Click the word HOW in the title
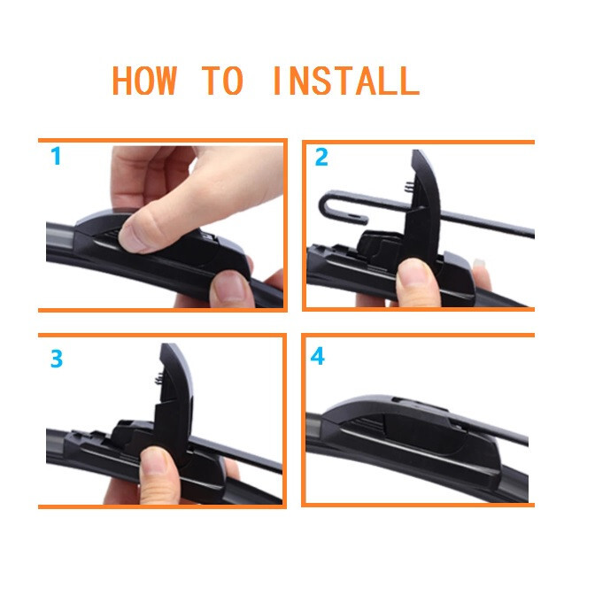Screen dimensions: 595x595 coord(144,81)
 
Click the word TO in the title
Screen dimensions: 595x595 coord(223,81)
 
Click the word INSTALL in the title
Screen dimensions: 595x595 coord(344,81)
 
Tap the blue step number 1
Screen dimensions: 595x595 coord(56,158)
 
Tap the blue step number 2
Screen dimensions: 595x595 coord(321,158)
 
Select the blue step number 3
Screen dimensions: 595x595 coord(56,359)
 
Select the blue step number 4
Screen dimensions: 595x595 coord(318,357)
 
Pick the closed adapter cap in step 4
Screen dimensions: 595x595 coord(398,416)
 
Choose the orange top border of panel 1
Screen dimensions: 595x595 coord(162,140)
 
